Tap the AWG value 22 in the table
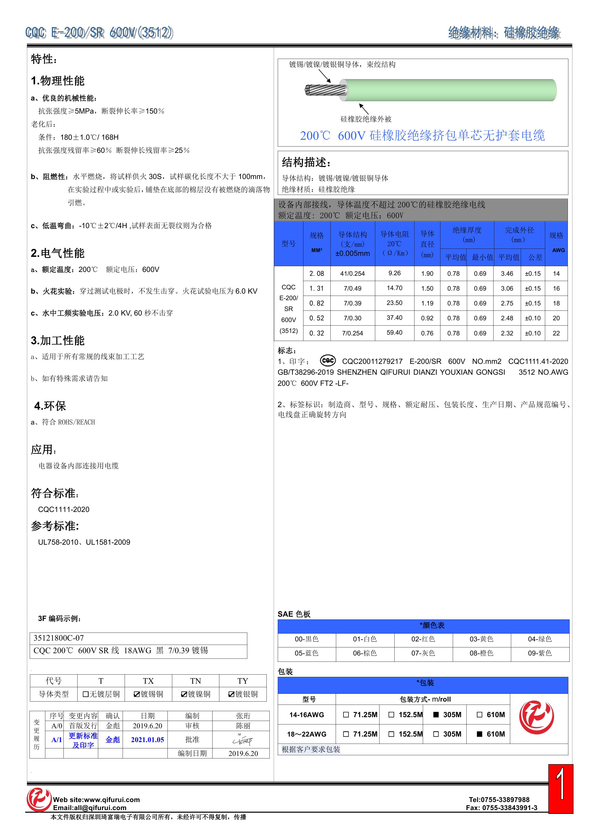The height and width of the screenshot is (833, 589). (556, 333)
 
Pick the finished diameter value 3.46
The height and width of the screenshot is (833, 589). (507, 273)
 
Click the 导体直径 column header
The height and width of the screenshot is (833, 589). (427, 244)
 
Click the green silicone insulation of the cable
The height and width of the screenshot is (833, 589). (450, 90)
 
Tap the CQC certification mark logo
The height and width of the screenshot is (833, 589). (328, 361)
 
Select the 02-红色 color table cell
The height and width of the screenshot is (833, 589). (423, 639)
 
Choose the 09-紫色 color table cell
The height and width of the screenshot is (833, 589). (540, 653)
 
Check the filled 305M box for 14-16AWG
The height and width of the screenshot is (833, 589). (436, 715)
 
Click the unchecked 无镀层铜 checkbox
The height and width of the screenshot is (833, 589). (86, 694)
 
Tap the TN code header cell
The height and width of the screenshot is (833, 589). (195, 681)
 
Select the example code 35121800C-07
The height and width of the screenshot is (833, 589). (58, 638)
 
